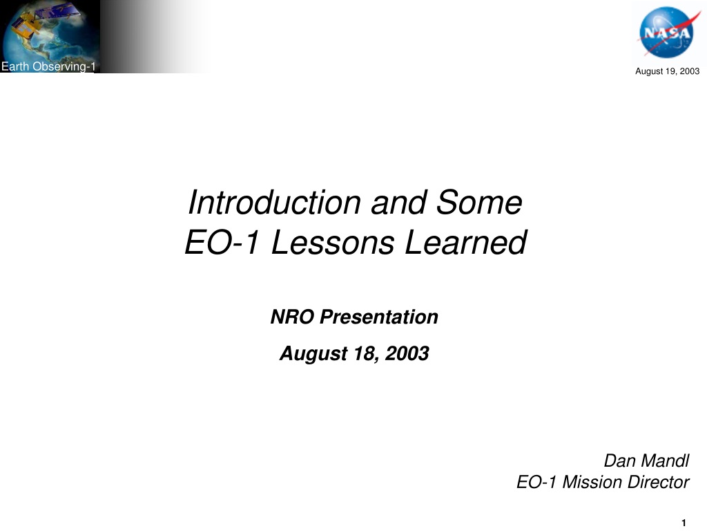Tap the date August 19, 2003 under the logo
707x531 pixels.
pos(668,71)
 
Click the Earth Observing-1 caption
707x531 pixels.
pos(48,66)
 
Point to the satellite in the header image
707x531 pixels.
pos(44,21)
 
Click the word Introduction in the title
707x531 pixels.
pos(274,202)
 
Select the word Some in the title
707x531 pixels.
pos(479,202)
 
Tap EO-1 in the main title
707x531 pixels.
pos(222,243)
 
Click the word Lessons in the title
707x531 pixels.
pos(332,243)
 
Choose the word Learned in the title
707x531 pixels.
pos(466,243)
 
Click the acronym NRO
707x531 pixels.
pos(292,317)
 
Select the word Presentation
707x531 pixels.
pos(379,317)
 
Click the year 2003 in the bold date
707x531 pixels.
pos(407,353)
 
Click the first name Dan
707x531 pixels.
pos(619,460)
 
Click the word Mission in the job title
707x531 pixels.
pos(592,482)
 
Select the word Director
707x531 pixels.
pos(658,482)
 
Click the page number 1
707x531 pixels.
pos(684,523)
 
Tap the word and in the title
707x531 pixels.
pos(398,202)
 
